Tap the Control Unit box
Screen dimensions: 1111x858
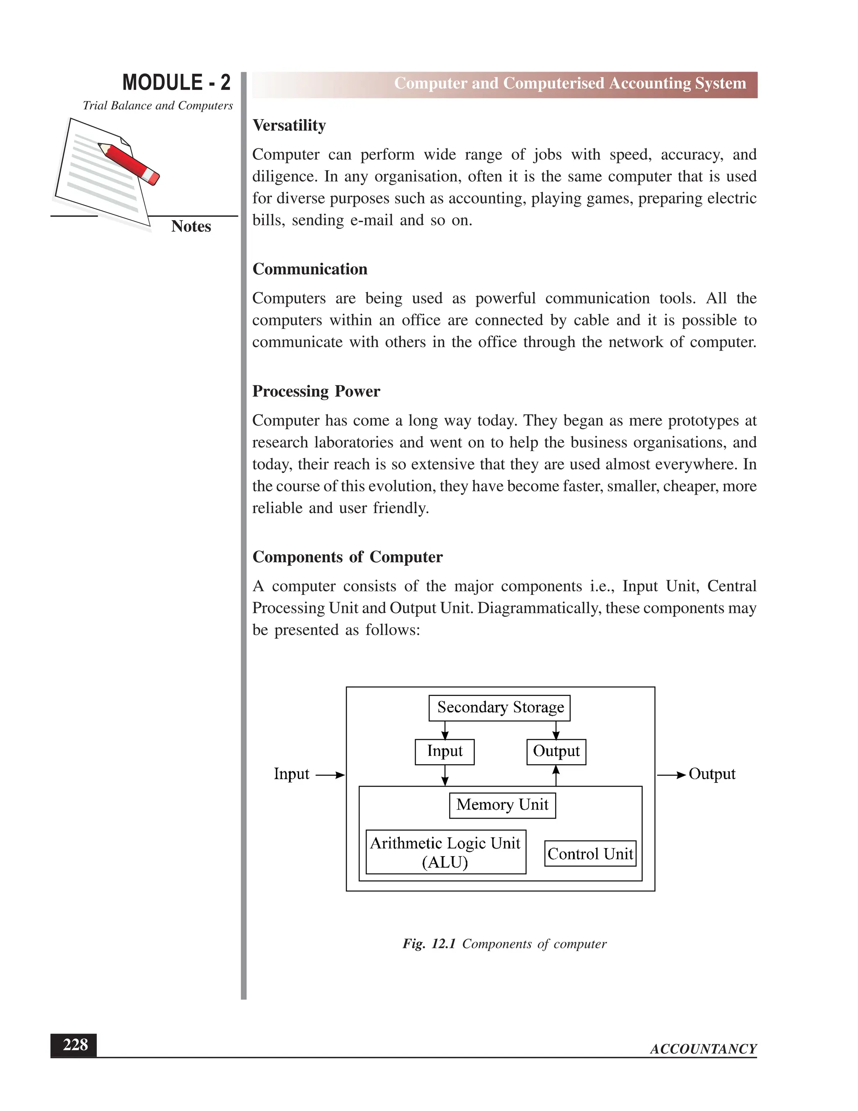[x=590, y=854]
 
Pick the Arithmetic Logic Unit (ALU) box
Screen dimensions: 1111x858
[x=445, y=852]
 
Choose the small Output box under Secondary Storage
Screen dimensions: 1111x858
[x=556, y=751]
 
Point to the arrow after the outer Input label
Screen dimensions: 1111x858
[x=330, y=775]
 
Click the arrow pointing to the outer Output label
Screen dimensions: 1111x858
[x=671, y=775]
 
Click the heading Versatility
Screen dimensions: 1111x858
[x=289, y=125]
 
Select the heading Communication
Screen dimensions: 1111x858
[x=310, y=269]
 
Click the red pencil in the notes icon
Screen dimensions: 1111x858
[x=129, y=163]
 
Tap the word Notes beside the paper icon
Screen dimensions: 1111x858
[x=191, y=226]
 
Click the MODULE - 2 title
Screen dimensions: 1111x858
[x=176, y=83]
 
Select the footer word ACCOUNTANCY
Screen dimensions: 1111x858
[x=703, y=1049]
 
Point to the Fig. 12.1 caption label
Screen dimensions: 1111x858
[x=429, y=944]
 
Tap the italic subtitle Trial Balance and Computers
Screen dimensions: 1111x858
[x=158, y=106]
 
